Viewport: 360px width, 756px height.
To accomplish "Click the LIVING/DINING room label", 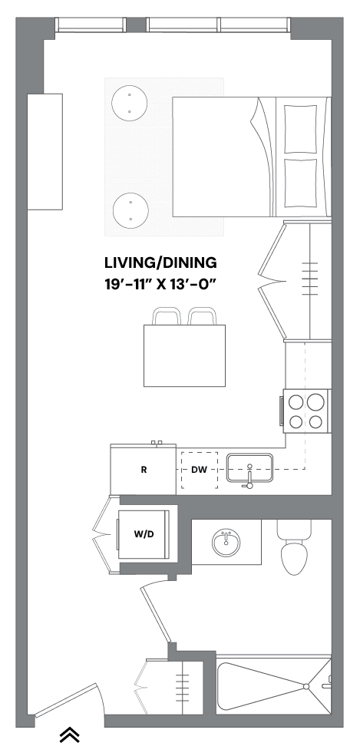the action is point(160,263).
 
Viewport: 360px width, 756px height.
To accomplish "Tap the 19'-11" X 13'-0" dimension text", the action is point(160,283).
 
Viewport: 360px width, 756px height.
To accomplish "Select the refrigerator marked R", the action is point(143,469).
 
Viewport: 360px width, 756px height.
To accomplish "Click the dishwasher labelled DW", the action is point(200,470).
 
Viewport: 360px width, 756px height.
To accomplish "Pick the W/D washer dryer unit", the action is point(144,534).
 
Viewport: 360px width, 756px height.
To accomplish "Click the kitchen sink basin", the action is point(249,467).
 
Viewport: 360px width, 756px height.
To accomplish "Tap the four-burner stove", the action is point(306,411).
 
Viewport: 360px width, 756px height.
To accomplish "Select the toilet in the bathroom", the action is point(294,547).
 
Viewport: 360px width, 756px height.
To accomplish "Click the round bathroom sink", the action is point(226,543).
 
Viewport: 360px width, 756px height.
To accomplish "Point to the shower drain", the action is point(306,686).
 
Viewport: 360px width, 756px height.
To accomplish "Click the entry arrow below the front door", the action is point(69,735).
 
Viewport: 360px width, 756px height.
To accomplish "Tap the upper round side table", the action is point(129,103).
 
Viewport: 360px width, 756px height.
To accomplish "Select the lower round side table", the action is point(130,211).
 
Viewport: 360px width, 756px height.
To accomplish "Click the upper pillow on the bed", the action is point(301,129).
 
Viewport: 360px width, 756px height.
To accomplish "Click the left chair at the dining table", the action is point(167,316).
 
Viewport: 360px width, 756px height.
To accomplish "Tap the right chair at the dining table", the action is point(203,316).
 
